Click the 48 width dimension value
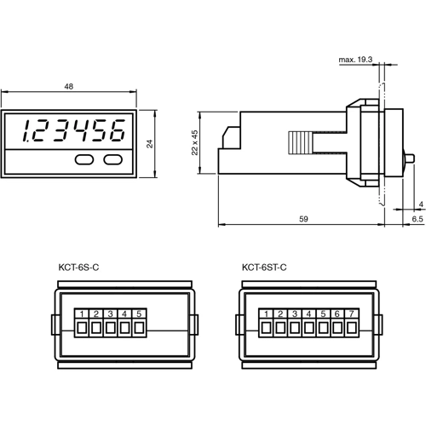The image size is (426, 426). coord(69,87)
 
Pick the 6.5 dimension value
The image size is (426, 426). coord(417,219)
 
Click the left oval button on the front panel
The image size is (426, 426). coord(84,158)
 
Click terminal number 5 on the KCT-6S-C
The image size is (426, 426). coord(138,314)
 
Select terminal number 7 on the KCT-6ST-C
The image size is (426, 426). coord(352,314)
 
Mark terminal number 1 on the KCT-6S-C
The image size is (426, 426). coord(81,314)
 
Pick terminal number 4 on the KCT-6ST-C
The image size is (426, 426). coord(308,314)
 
